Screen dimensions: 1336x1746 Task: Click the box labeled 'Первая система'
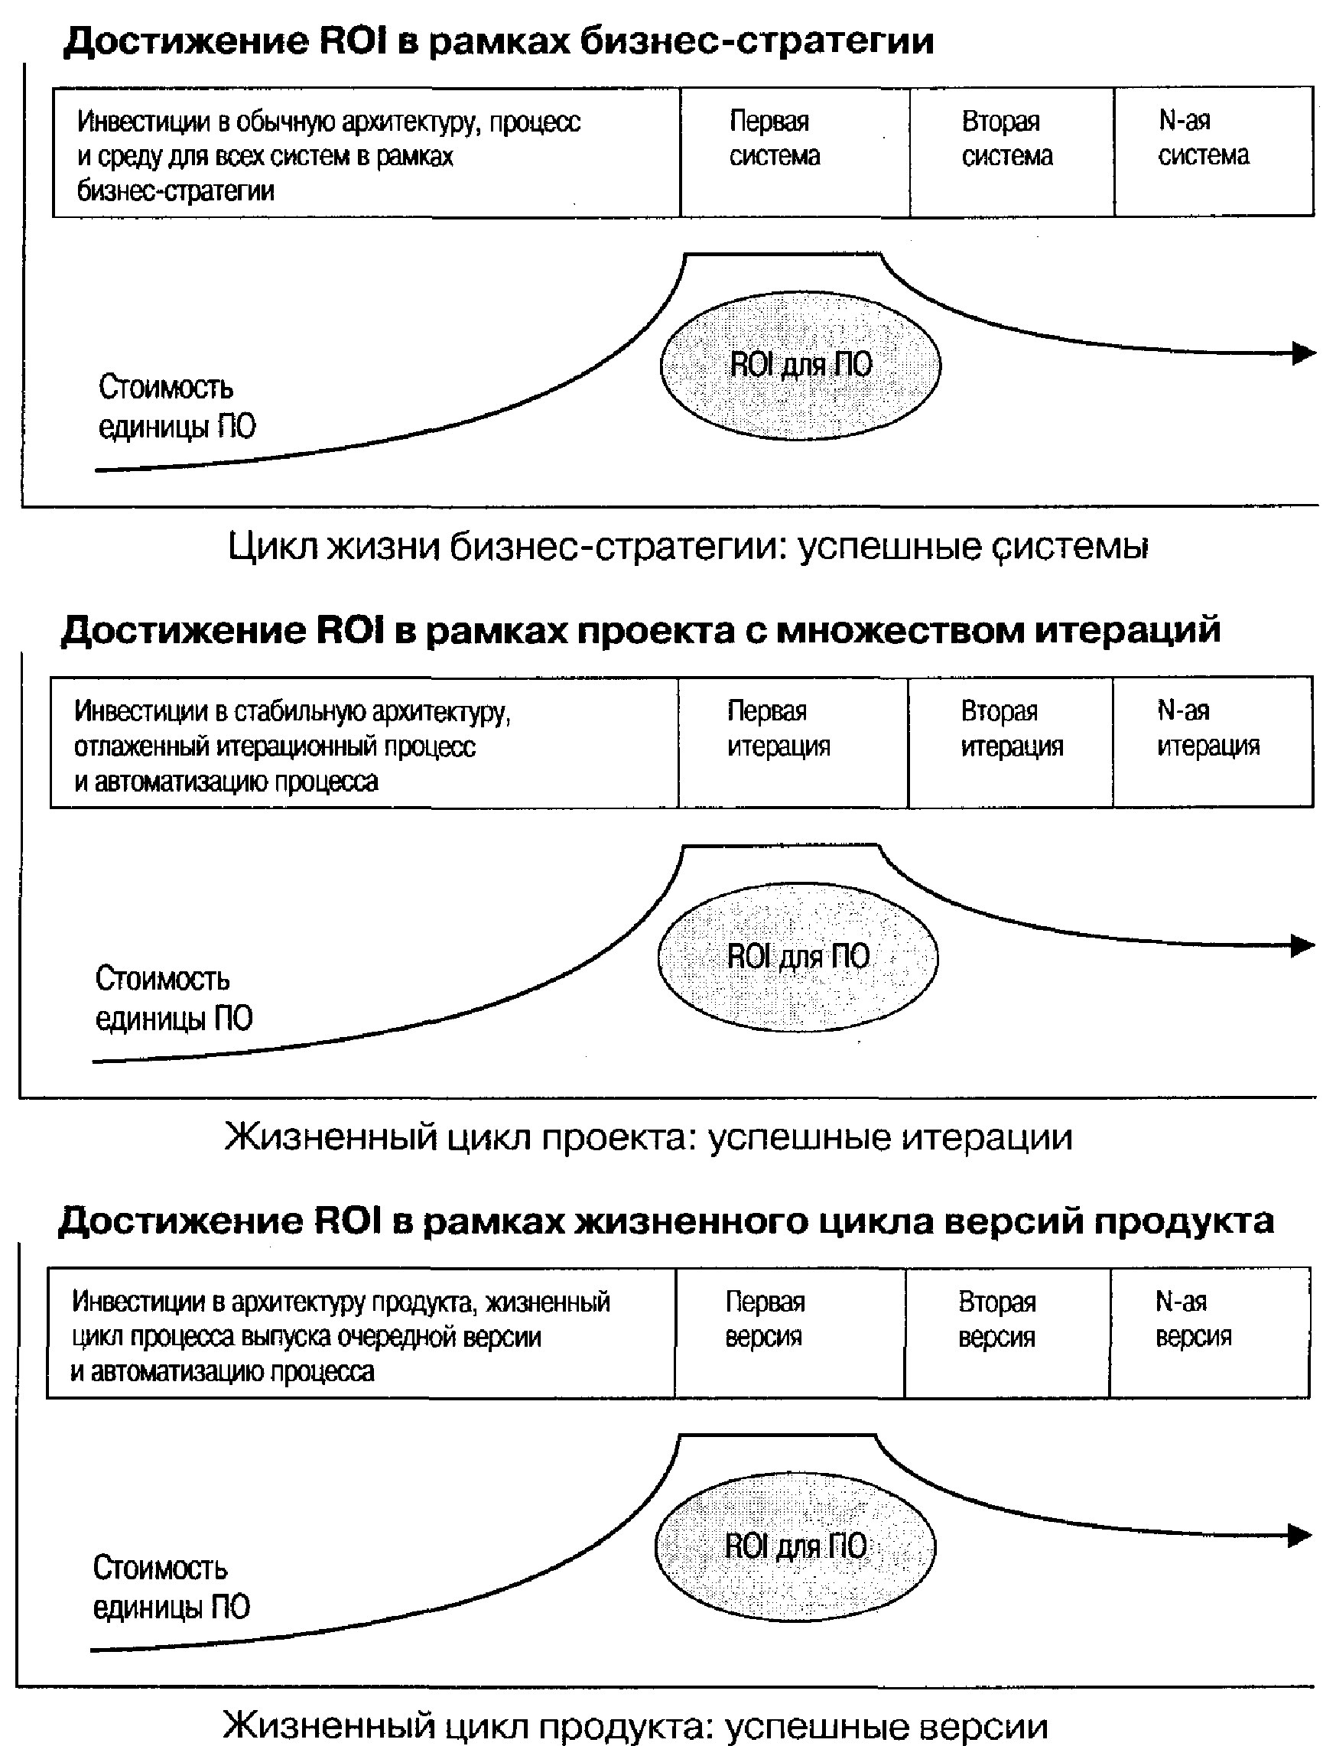tap(795, 151)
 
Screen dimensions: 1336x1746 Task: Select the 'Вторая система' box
tap(1013, 151)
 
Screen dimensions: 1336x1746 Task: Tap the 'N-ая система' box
tap(1214, 151)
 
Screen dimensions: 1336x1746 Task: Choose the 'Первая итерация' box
tap(793, 742)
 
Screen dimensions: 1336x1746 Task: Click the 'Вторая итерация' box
tap(1011, 742)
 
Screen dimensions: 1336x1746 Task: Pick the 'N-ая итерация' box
tap(1213, 742)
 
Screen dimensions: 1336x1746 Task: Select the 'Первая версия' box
tap(790, 1332)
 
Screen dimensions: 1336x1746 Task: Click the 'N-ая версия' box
tap(1210, 1332)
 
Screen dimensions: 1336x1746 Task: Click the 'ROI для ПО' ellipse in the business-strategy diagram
tap(800, 365)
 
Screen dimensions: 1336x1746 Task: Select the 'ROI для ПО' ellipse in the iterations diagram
tap(798, 957)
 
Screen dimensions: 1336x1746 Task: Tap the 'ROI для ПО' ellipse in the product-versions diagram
tap(795, 1546)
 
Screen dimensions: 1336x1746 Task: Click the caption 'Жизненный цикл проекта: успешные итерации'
tap(648, 1138)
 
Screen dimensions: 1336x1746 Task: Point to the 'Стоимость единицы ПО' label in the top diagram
tap(177, 407)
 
